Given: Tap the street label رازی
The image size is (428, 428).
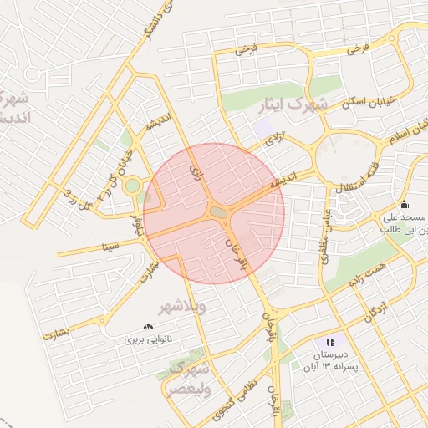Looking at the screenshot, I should point(197,172).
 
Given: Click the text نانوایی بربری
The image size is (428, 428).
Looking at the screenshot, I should point(147,340).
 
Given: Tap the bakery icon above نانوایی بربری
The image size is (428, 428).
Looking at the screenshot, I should point(148,327).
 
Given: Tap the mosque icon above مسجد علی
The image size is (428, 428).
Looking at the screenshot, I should point(404,205).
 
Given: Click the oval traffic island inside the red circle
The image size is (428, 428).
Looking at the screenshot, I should point(218,213).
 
